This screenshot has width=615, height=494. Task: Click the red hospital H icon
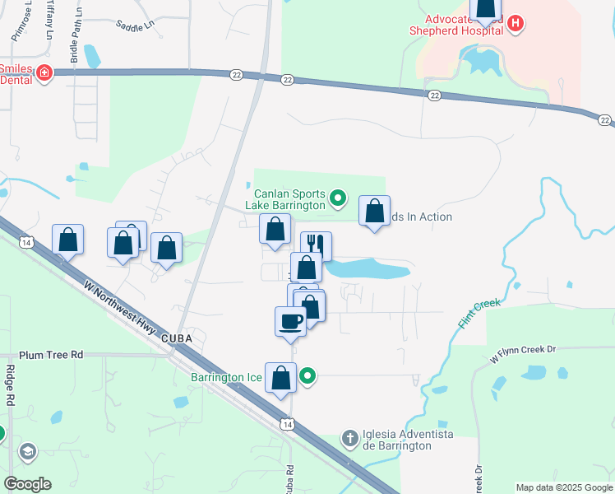(x=516, y=23)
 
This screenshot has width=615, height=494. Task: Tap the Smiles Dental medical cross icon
(x=44, y=75)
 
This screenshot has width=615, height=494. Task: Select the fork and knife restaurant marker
(x=316, y=245)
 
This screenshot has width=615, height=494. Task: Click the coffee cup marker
(x=290, y=320)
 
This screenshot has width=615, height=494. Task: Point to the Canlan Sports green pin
(x=337, y=198)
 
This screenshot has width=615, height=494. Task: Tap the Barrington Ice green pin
(x=308, y=378)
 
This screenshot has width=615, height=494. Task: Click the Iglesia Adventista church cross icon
(x=349, y=438)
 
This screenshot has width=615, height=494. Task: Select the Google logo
(x=27, y=484)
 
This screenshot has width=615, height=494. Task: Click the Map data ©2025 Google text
(x=563, y=487)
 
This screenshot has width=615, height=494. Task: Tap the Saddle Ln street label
(x=135, y=26)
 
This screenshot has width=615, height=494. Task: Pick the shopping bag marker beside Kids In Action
(x=375, y=212)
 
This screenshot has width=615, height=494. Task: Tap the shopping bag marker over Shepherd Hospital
(x=487, y=8)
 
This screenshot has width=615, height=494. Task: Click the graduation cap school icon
(x=28, y=451)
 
